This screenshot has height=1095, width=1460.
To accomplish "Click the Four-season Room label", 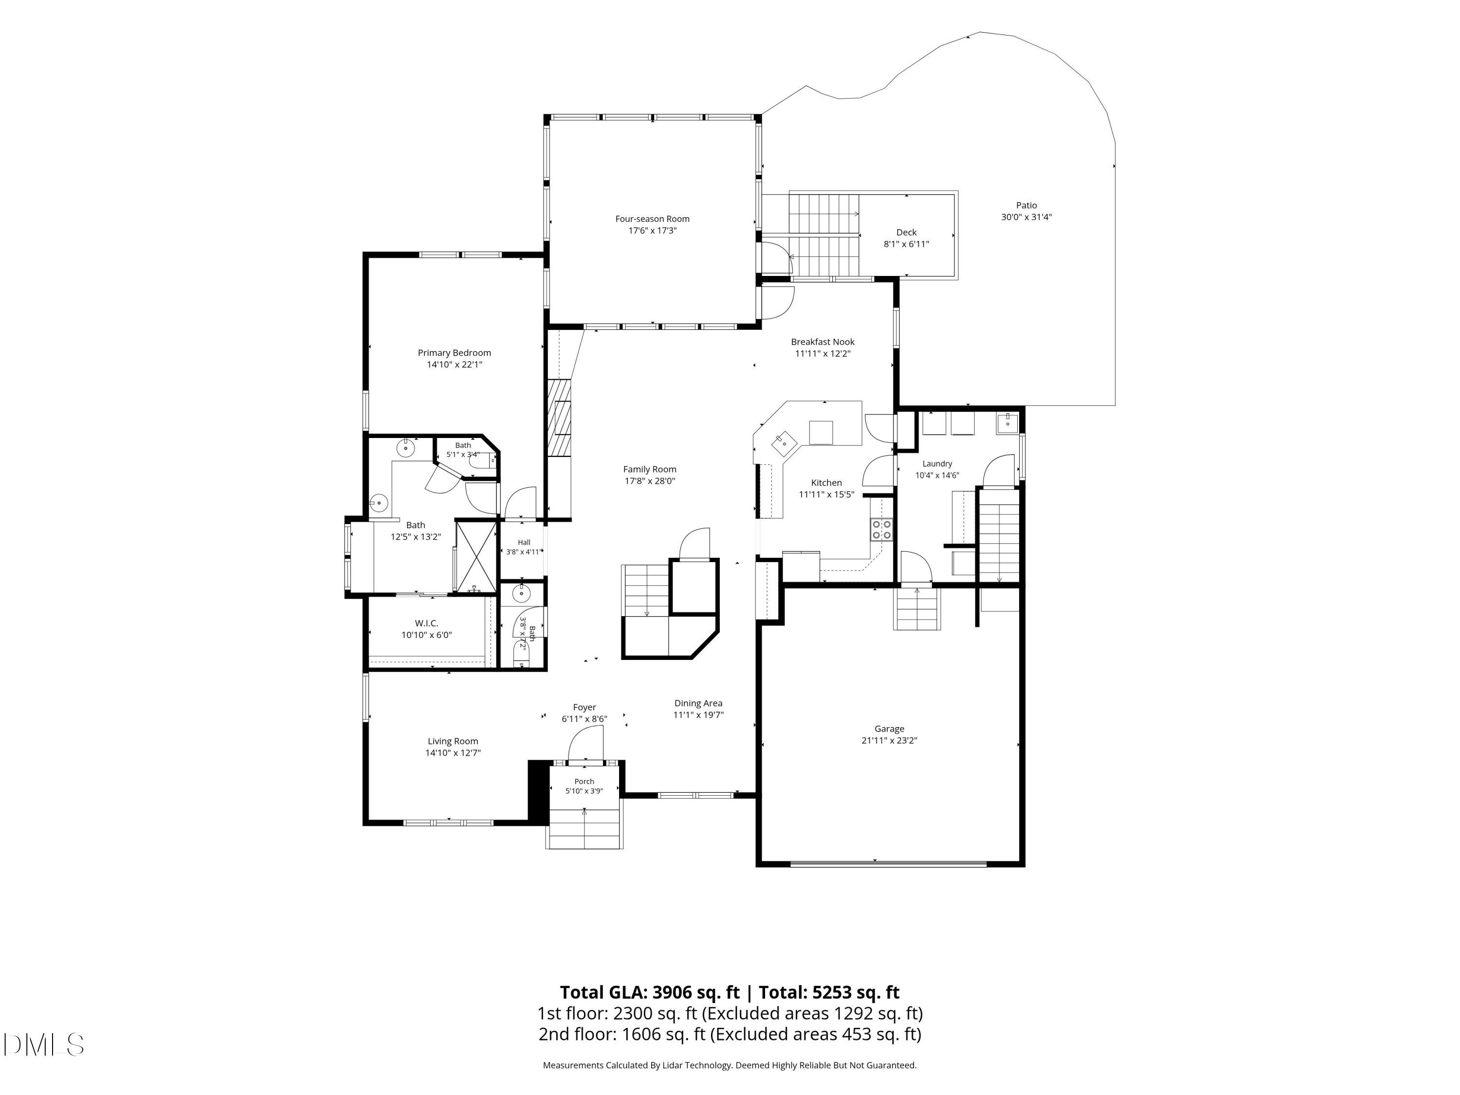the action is [x=652, y=219].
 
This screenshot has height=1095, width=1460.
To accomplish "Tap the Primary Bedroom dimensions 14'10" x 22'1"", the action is [x=454, y=365].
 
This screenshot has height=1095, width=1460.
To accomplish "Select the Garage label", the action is [x=889, y=729].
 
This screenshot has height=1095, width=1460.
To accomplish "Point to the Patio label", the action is [x=1026, y=205].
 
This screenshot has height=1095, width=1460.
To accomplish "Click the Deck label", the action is [x=906, y=232].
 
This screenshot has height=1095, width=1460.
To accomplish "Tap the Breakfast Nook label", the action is [x=822, y=342].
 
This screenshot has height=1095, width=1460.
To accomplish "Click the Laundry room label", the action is [x=937, y=464].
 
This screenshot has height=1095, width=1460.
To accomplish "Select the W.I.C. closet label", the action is [x=426, y=623].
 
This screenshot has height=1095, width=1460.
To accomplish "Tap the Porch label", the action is [x=584, y=782].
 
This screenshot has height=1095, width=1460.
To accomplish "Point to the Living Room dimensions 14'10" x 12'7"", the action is [x=453, y=753].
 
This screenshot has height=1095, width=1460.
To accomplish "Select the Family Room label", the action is [x=650, y=469].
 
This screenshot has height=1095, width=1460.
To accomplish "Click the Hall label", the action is [x=524, y=543].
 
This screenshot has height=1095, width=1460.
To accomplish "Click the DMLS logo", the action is [x=44, y=1045].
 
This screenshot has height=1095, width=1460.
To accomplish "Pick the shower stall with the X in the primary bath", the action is [x=476, y=556].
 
